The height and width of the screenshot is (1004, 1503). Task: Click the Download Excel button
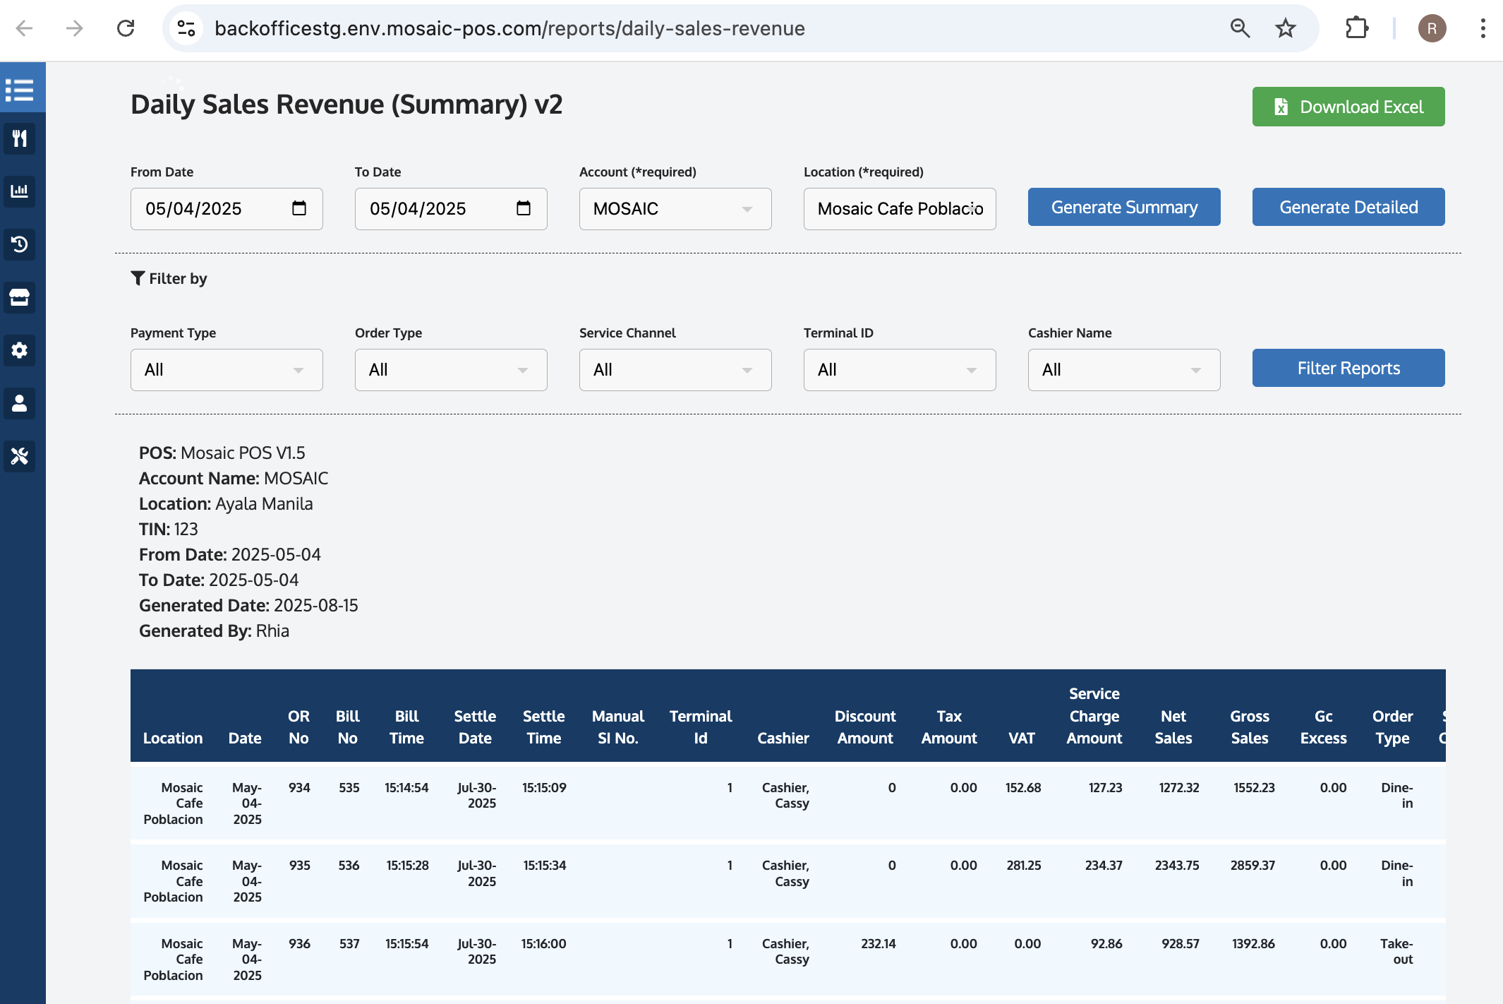[x=1348, y=107]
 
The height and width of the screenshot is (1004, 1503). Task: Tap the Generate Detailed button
[x=1348, y=207]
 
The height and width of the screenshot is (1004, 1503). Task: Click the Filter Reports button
[x=1348, y=368]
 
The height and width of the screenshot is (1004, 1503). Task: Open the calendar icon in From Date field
[x=299, y=208]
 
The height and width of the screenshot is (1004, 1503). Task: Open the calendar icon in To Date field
[x=524, y=208]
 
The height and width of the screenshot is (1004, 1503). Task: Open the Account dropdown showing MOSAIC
[x=675, y=209]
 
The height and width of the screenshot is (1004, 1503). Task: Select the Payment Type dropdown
[x=226, y=370]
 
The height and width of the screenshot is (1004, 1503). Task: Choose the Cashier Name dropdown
[x=1123, y=370]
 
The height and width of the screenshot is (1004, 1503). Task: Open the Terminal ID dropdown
[x=899, y=370]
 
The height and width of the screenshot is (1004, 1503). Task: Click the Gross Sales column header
[x=1249, y=727]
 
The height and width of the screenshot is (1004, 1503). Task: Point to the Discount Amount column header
[x=864, y=727]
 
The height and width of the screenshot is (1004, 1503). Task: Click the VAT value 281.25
[x=1023, y=866]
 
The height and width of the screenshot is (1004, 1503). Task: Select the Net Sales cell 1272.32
[x=1178, y=788]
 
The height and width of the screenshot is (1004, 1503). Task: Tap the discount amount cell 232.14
[x=878, y=944]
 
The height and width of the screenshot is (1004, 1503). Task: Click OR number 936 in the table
[x=299, y=944]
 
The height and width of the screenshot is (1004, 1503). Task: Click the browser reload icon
[x=126, y=28]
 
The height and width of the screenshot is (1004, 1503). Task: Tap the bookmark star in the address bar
[x=1285, y=28]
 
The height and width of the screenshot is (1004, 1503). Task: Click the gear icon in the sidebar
[x=20, y=350]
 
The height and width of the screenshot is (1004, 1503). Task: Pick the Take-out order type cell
[x=1396, y=951]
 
